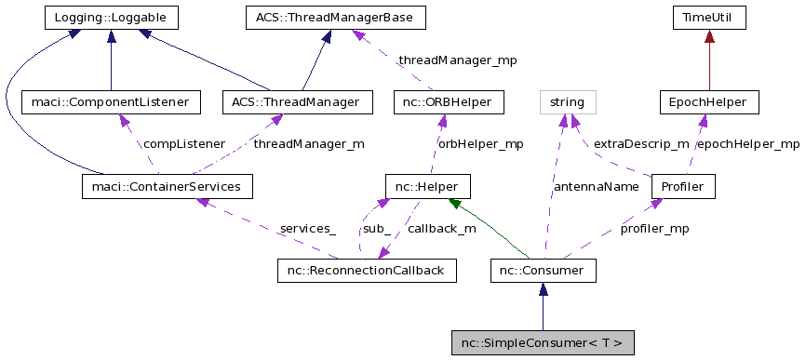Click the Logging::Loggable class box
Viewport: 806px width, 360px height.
pos(111,17)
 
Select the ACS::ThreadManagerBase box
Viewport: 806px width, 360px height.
pos(335,17)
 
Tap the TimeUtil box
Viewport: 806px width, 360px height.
pos(709,17)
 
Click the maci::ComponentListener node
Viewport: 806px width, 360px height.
pos(111,101)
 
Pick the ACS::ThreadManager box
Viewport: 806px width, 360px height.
pos(297,101)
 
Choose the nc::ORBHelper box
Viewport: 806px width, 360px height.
pos(449,101)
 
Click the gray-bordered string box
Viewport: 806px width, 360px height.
pos(567,101)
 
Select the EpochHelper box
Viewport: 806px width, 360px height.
pos(708,101)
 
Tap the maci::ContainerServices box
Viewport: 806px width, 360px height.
pos(168,187)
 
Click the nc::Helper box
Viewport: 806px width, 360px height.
pos(427,187)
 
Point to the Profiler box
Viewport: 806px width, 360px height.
pos(682,187)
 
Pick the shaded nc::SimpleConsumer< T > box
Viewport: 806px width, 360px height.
pos(543,342)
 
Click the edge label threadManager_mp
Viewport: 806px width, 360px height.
pos(456,60)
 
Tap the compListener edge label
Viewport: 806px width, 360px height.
pos(183,144)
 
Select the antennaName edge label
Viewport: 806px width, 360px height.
pos(596,187)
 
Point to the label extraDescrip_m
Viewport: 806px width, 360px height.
pos(641,144)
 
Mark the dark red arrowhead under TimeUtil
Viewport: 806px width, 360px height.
pos(709,36)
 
